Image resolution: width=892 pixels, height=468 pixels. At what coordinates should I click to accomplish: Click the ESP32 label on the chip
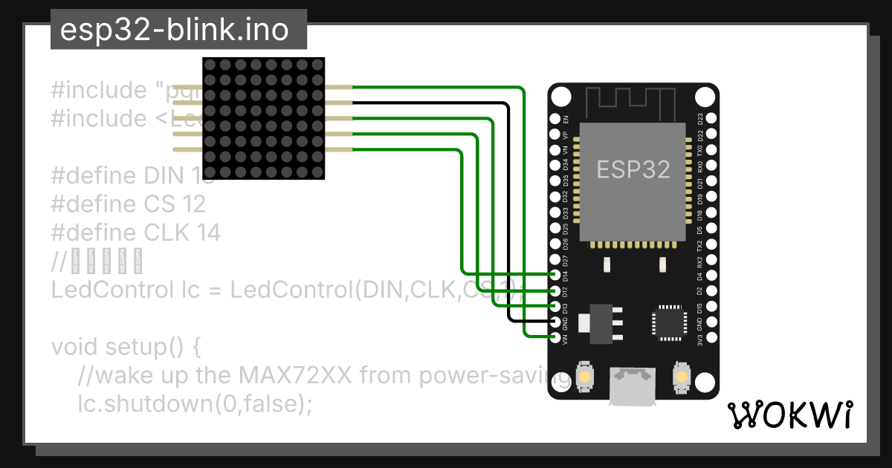point(633,169)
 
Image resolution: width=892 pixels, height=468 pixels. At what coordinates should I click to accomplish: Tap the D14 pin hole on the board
point(555,275)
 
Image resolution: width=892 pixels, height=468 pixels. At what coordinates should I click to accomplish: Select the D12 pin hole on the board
point(555,290)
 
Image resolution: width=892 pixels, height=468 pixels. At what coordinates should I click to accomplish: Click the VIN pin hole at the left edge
point(555,337)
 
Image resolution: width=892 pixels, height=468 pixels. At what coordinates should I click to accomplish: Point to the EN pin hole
point(555,119)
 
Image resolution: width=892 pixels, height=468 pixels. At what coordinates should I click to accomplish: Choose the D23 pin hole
point(711,119)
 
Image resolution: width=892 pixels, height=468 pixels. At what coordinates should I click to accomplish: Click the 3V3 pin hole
point(711,337)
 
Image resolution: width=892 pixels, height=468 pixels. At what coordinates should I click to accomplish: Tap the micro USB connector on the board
point(633,386)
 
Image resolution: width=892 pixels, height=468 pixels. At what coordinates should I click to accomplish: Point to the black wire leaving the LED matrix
point(431,103)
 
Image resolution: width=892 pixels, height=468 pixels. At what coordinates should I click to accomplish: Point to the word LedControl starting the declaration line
point(109,290)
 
